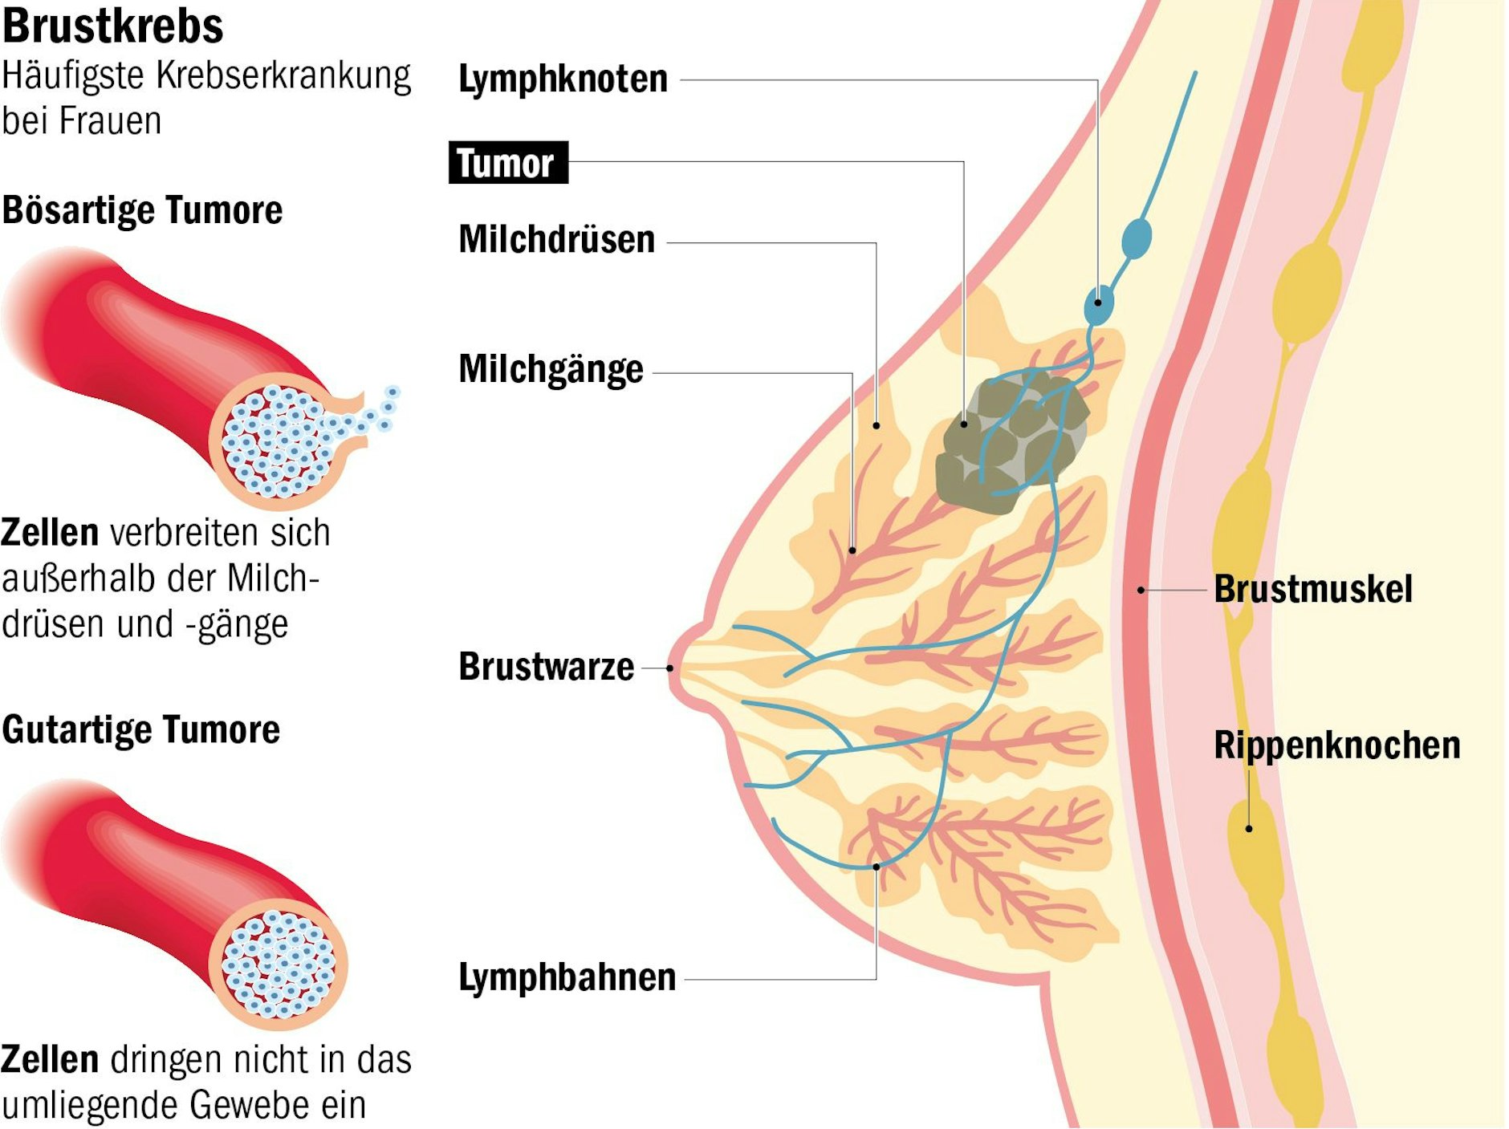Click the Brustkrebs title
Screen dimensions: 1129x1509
point(112,26)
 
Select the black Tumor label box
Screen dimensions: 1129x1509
point(507,163)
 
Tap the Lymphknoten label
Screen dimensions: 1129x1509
point(563,79)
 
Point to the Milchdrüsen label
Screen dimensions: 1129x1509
point(556,239)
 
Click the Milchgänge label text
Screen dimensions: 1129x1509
point(551,370)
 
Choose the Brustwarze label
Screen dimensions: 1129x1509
point(546,667)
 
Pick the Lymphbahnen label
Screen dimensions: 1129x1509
point(567,977)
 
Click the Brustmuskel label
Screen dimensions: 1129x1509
point(1312,589)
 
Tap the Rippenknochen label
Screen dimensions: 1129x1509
point(1336,745)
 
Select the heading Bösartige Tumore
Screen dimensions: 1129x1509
point(142,210)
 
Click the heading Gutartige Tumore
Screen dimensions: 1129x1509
point(140,730)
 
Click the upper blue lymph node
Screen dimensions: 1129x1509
point(1137,238)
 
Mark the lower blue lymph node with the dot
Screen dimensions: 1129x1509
point(1098,303)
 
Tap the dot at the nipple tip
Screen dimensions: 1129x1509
point(670,668)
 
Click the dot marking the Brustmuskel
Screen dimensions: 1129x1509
point(1141,590)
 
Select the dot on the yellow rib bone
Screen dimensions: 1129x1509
point(1249,829)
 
